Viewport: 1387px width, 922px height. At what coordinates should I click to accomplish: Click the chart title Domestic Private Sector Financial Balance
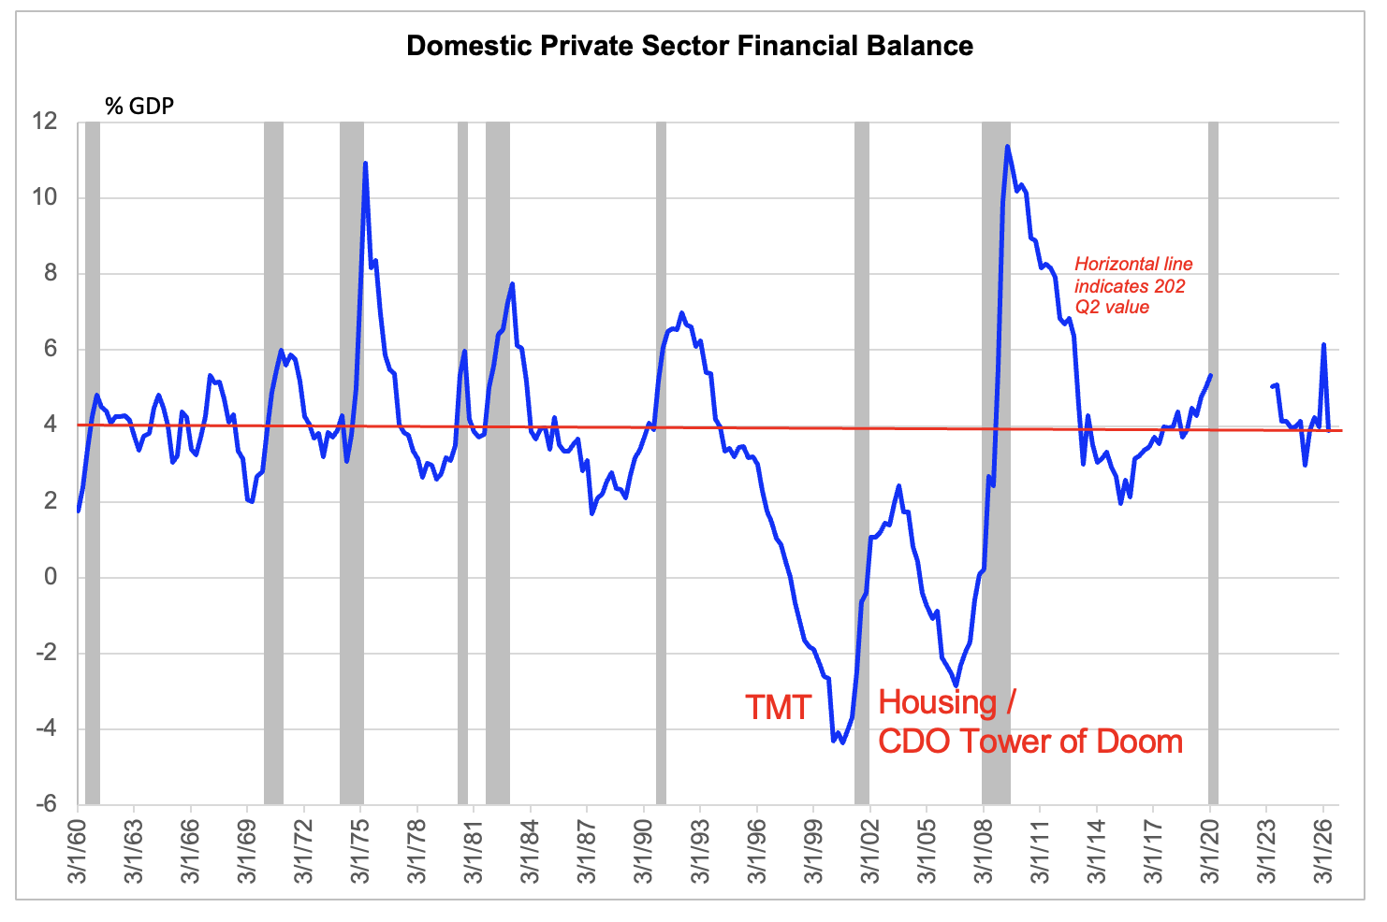(690, 47)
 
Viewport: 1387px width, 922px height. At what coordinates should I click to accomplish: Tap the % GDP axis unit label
(139, 107)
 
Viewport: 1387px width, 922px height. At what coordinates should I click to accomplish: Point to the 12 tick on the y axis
(45, 122)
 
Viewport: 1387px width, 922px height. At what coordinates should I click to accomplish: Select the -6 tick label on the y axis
(46, 804)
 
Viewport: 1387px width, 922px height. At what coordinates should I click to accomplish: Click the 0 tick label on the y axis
(51, 577)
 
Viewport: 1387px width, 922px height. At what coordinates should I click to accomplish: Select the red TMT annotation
(778, 707)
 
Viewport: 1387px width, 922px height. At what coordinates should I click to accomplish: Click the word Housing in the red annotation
(937, 703)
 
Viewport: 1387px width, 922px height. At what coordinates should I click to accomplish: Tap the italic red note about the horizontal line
(1133, 285)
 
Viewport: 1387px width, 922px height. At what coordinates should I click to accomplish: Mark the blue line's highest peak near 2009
(1007, 147)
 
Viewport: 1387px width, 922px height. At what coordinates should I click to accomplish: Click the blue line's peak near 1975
(365, 164)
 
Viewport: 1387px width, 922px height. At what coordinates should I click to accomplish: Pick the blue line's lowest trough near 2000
(842, 742)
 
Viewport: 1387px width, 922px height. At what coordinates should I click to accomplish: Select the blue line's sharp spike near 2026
(1323, 345)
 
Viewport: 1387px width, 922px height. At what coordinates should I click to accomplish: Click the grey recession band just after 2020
(1213, 463)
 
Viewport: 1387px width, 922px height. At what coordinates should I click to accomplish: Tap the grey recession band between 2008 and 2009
(996, 463)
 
